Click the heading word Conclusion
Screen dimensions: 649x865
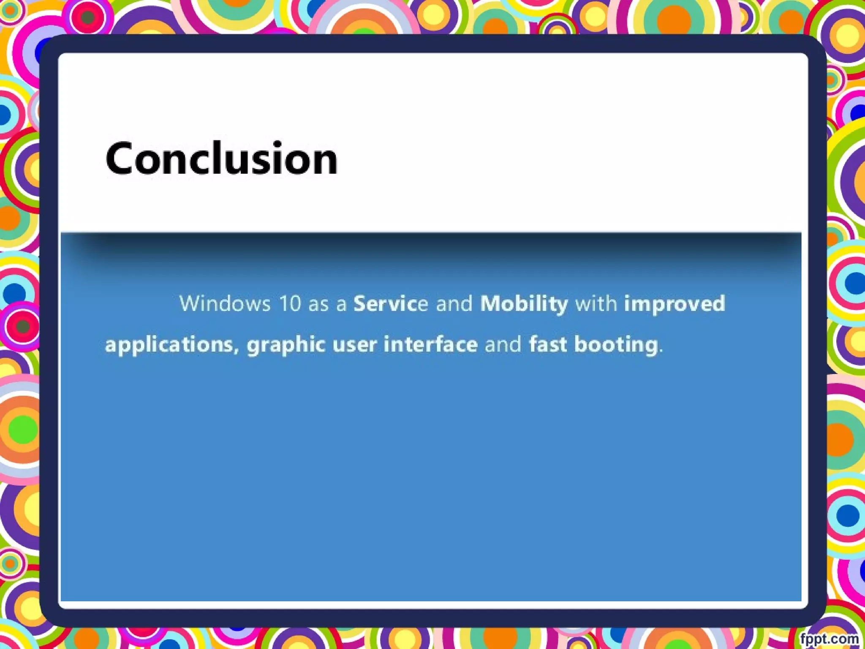(x=221, y=158)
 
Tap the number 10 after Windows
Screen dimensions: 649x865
(x=290, y=303)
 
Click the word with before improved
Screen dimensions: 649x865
(x=596, y=303)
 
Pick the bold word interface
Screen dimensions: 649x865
(x=430, y=344)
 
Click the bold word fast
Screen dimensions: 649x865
(x=548, y=344)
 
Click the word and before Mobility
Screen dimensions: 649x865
(x=454, y=303)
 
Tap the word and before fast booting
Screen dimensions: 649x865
(x=503, y=344)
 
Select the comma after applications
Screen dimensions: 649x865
(x=237, y=350)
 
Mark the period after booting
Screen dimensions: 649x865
(x=661, y=350)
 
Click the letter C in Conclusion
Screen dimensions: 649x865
(x=119, y=158)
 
